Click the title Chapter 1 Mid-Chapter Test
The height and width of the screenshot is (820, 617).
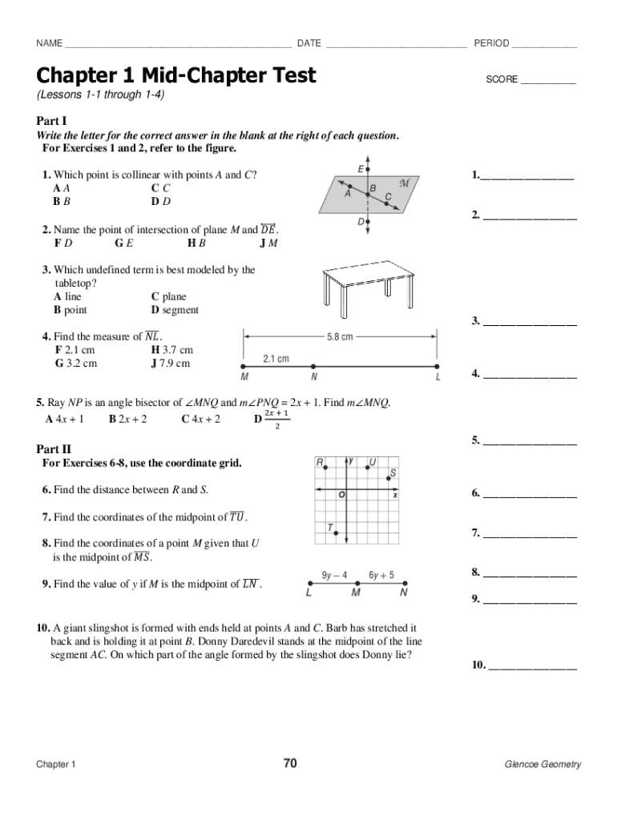176,76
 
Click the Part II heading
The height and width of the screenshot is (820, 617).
54,449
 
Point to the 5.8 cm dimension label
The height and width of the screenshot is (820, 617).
340,337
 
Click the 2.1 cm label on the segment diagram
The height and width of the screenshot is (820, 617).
276,359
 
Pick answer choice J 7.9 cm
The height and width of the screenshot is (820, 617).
171,363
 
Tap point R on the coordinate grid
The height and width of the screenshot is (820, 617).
321,464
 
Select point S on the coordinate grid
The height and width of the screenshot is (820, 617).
393,474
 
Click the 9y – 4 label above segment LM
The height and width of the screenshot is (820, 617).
334,575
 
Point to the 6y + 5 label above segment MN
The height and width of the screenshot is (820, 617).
381,575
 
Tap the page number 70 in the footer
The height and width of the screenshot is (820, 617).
290,763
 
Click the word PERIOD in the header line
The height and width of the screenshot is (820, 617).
491,42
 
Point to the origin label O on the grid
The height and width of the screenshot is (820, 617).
342,496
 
